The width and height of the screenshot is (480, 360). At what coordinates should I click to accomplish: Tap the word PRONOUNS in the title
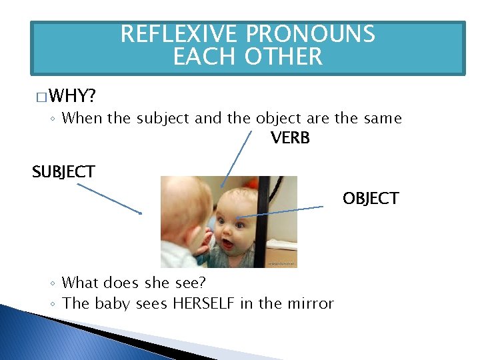(311, 34)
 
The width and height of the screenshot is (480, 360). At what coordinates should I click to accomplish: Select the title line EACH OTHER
(247, 57)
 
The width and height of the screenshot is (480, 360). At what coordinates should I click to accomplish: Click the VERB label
(290, 139)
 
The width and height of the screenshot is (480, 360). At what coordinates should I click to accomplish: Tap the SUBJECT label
(63, 171)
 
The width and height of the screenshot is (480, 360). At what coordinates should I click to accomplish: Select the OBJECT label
(371, 198)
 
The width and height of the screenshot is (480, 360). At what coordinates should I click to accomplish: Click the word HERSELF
(204, 303)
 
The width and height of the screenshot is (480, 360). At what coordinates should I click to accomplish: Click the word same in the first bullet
(383, 119)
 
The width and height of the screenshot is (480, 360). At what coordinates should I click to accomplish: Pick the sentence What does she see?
(134, 283)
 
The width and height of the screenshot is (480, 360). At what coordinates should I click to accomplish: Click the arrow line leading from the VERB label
(237, 158)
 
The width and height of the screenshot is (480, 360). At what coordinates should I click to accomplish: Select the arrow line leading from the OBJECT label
(280, 211)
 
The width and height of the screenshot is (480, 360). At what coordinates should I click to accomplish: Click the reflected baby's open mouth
(228, 244)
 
